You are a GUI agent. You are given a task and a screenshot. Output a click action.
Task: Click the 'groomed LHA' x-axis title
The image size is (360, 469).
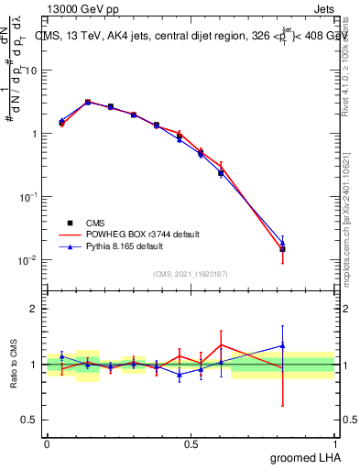click(306, 457)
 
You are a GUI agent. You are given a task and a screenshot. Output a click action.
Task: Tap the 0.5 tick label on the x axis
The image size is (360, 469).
click(191, 443)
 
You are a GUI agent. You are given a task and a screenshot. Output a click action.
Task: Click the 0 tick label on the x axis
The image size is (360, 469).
click(47, 443)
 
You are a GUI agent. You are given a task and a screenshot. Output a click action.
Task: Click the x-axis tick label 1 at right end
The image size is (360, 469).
click(334, 443)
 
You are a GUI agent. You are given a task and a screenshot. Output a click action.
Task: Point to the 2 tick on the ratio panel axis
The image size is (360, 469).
click(32, 309)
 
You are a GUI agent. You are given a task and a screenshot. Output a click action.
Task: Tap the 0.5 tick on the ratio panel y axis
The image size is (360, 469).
click(28, 420)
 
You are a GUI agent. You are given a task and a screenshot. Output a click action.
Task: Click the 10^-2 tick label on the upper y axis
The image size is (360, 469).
click(26, 260)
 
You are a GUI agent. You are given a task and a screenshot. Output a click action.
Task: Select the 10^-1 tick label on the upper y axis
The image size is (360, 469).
click(26, 197)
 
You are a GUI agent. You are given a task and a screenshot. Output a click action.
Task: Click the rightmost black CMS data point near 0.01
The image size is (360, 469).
click(283, 248)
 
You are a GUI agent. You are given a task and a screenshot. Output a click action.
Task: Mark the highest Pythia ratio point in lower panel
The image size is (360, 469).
click(283, 345)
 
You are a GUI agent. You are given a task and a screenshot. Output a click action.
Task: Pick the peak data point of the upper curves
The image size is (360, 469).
click(88, 102)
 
